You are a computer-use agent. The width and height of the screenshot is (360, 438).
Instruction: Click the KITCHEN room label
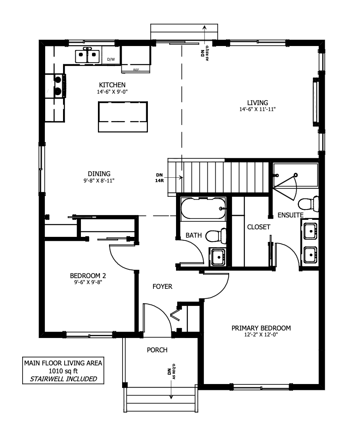coord(112,85)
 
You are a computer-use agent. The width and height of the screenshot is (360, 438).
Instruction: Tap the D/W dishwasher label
coord(111,60)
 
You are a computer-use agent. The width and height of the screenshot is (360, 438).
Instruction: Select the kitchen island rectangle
coord(123,117)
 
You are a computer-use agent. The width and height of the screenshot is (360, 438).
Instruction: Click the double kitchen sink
coord(88,56)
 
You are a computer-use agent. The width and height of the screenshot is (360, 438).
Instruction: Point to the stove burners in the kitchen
coord(58,85)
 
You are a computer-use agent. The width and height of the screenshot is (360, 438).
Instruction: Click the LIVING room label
coord(258,103)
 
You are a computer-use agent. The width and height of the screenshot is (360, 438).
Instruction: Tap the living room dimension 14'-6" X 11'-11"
coord(258,109)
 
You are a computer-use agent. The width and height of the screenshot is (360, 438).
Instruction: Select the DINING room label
coord(99,174)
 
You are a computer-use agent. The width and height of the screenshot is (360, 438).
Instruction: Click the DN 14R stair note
coord(160,178)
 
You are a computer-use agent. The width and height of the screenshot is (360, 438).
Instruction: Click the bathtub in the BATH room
coord(203,208)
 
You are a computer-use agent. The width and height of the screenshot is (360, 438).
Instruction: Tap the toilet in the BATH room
coord(216,236)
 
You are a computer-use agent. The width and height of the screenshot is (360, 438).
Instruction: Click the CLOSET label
coord(259,227)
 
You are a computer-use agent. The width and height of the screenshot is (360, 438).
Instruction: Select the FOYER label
coord(163,286)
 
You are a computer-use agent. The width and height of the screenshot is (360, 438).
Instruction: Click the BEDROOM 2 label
coord(88,276)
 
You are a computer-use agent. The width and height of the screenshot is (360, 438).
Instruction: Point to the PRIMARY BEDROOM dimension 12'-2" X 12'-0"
coord(261,334)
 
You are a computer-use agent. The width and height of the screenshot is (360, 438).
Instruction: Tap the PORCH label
coord(157,350)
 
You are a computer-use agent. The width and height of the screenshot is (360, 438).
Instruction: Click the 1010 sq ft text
coord(63,371)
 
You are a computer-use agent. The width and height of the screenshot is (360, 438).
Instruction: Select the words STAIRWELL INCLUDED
coord(63,379)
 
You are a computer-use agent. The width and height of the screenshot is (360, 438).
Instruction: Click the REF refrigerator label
coord(136,70)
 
